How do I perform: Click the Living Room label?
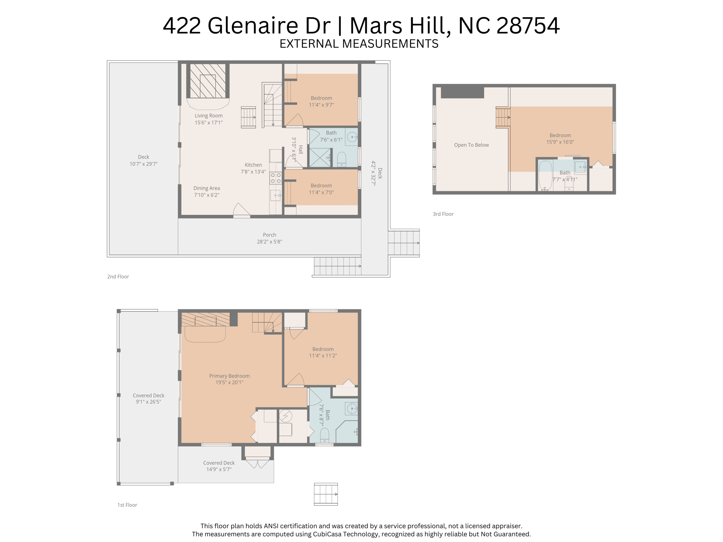209,116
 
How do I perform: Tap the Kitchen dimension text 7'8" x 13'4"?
253,172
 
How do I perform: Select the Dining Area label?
207,188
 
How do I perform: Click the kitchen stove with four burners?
276,178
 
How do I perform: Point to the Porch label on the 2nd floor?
269,235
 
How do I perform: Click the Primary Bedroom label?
229,376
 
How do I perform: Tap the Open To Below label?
471,145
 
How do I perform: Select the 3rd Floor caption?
443,214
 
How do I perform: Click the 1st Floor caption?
127,505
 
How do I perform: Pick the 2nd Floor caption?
118,277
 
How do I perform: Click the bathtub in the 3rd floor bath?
545,176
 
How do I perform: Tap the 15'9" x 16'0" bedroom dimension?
560,142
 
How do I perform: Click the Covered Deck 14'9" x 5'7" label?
219,466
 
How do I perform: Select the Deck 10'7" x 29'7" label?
143,161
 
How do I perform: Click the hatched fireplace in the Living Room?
208,81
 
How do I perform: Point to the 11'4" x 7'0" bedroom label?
321,189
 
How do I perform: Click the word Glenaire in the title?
269,26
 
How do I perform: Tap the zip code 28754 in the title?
528,26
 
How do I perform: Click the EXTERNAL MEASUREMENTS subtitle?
359,44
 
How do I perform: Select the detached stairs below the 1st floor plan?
326,494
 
